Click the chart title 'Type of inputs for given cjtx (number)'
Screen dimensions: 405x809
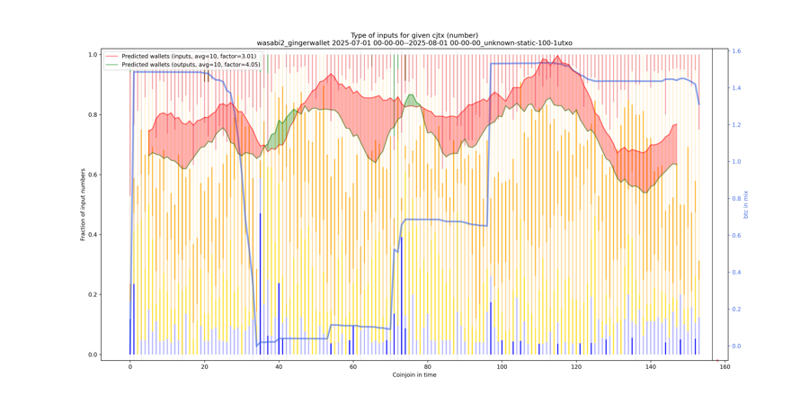click(x=414, y=35)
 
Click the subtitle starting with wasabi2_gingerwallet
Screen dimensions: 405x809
click(x=414, y=43)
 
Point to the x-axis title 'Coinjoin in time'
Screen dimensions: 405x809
click(x=414, y=374)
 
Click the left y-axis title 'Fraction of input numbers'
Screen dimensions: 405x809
click(x=83, y=204)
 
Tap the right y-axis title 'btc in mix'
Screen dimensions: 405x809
click(x=746, y=204)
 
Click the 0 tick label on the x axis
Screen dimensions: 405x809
click(x=130, y=366)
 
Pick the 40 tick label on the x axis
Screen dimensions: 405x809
click(x=279, y=366)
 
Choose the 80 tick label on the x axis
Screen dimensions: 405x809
click(x=428, y=366)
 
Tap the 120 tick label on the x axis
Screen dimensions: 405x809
click(x=576, y=366)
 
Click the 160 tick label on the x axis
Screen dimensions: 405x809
click(x=725, y=366)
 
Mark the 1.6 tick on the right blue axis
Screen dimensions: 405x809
click(x=735, y=51)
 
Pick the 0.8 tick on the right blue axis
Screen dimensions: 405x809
click(x=735, y=199)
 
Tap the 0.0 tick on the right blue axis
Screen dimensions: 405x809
click(x=735, y=346)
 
